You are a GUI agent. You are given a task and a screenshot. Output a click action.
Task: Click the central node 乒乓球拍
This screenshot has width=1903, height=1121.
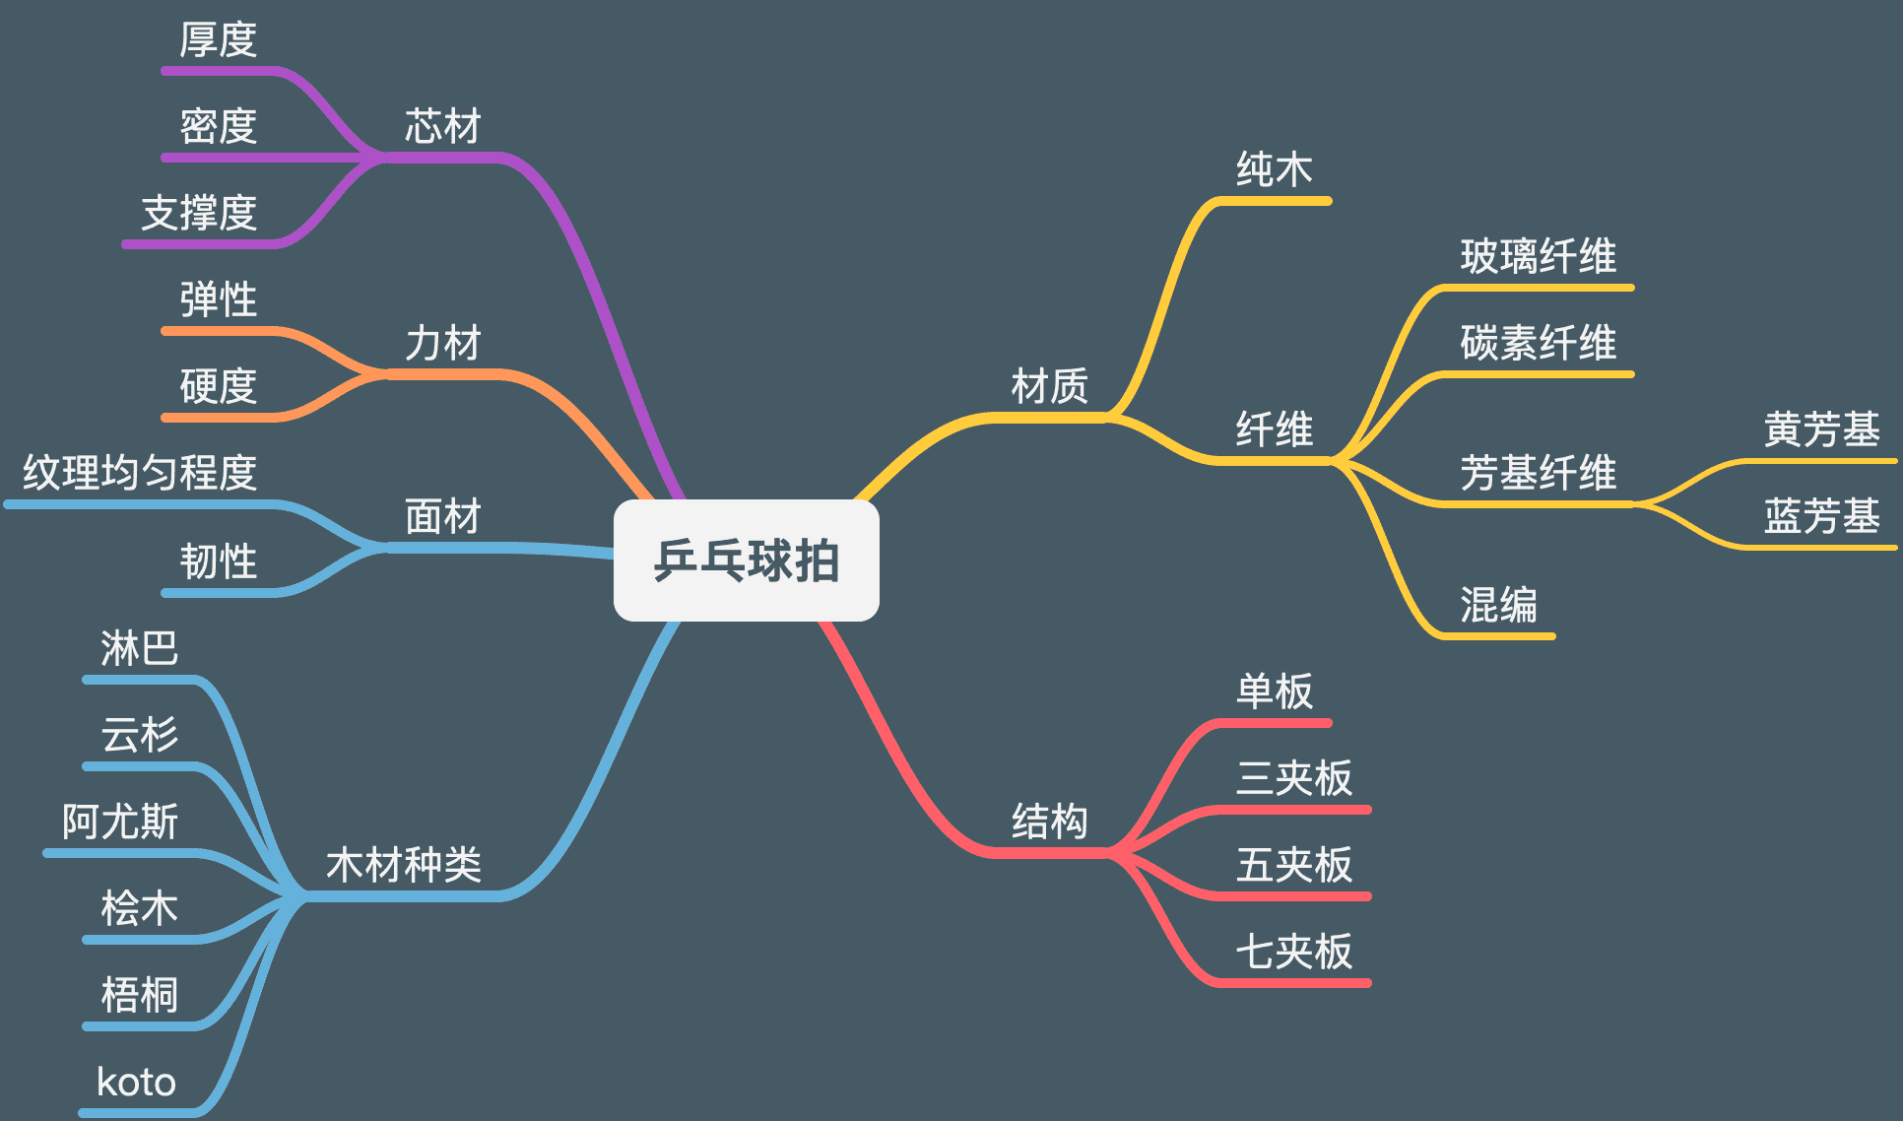click(x=746, y=560)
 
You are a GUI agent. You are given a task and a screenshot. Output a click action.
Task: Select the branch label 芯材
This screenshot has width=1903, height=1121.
click(x=442, y=127)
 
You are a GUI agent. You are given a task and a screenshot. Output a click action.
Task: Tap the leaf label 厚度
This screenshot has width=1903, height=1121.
click(x=218, y=40)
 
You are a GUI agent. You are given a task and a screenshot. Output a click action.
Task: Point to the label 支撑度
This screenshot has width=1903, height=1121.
click(x=199, y=214)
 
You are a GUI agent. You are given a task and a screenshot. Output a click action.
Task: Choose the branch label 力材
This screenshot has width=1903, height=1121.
click(x=442, y=344)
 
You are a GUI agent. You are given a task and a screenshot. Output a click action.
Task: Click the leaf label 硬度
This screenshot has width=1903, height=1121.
click(x=218, y=386)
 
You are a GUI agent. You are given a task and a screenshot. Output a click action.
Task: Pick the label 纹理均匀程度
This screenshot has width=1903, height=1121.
click(x=140, y=473)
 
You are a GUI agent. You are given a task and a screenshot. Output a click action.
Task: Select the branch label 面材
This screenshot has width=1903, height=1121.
click(x=442, y=516)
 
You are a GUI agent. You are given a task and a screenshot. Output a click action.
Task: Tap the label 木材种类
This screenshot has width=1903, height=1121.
click(x=403, y=865)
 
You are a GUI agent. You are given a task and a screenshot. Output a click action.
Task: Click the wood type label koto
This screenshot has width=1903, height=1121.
click(x=136, y=1083)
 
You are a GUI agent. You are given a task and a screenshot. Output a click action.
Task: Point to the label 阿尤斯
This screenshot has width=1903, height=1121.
click(x=120, y=822)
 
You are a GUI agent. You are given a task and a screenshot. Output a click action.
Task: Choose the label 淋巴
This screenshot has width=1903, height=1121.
click(x=139, y=648)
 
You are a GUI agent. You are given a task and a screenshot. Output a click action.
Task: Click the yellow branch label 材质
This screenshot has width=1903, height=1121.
click(x=1049, y=386)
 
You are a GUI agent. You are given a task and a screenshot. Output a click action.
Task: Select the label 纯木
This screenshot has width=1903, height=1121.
click(x=1274, y=169)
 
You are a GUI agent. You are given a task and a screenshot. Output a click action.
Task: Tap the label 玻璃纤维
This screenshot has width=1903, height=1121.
click(x=1538, y=257)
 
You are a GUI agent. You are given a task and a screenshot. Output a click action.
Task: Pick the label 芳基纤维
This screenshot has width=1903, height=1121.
click(x=1538, y=473)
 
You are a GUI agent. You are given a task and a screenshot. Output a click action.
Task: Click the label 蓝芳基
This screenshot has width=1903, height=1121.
click(x=1821, y=516)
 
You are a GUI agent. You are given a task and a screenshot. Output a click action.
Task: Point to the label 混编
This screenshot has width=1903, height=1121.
click(x=1498, y=605)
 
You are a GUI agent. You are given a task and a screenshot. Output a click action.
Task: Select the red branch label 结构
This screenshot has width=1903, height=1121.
click(x=1049, y=822)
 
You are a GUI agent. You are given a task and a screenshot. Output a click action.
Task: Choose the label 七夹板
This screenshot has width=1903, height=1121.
click(x=1293, y=952)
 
